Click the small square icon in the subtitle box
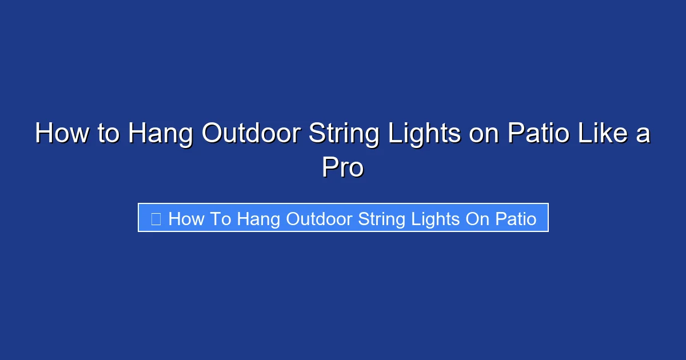[156, 218]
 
